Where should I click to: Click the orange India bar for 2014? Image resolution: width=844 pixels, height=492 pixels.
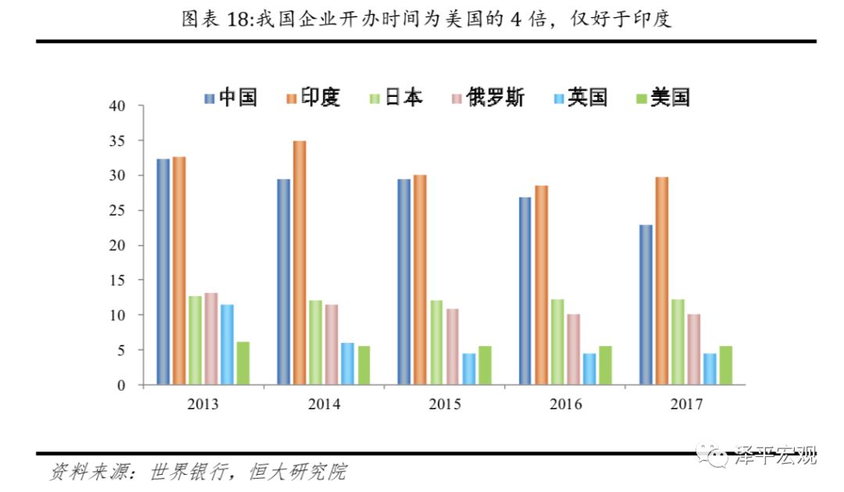tap(299, 263)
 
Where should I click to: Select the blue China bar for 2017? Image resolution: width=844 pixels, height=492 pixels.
tap(646, 305)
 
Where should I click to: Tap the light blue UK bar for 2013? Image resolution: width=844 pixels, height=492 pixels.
tap(227, 344)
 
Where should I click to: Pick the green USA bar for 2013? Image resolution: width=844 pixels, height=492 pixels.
tap(243, 363)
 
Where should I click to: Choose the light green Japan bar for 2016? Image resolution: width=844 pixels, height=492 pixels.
tap(557, 342)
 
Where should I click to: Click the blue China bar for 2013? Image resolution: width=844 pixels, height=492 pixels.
tap(163, 272)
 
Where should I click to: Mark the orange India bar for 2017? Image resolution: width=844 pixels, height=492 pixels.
tap(662, 281)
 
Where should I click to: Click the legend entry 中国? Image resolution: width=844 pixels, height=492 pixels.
tap(231, 98)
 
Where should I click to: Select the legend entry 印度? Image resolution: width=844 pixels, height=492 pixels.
tap(313, 98)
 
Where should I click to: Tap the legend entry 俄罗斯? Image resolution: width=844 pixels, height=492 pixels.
tap(488, 98)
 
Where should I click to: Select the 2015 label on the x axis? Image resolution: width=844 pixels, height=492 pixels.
tap(445, 405)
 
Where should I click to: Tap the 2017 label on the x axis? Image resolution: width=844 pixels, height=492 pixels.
tap(687, 405)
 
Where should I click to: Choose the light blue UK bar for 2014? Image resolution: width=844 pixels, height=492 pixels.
tap(348, 364)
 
